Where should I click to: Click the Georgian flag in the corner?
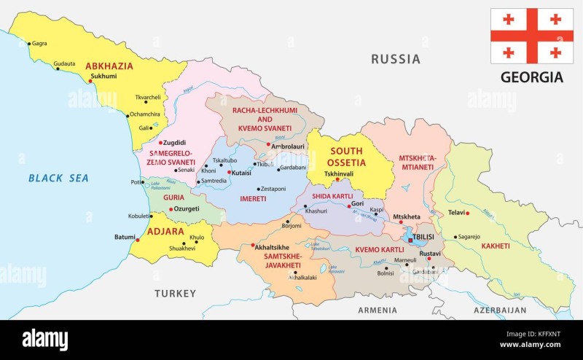pos(531,36)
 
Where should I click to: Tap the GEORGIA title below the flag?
pos(531,77)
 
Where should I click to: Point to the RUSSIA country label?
pos(396,59)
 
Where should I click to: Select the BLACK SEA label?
pos(58,178)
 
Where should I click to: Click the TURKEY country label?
pos(175,293)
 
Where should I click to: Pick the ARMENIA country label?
pos(377,310)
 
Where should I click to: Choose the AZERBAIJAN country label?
pos(500,310)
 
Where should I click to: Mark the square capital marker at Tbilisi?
pos(410,238)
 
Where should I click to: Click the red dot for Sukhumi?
pos(90,81)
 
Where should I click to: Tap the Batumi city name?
pos(125,237)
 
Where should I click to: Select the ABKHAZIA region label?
pos(109,66)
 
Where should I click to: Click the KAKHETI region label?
pos(495,246)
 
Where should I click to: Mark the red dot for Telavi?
pos(468,213)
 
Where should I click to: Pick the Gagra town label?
pos(39,44)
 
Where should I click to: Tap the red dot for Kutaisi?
pos(230,173)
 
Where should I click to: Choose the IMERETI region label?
pos(253,198)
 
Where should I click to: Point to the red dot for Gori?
pos(349,206)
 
